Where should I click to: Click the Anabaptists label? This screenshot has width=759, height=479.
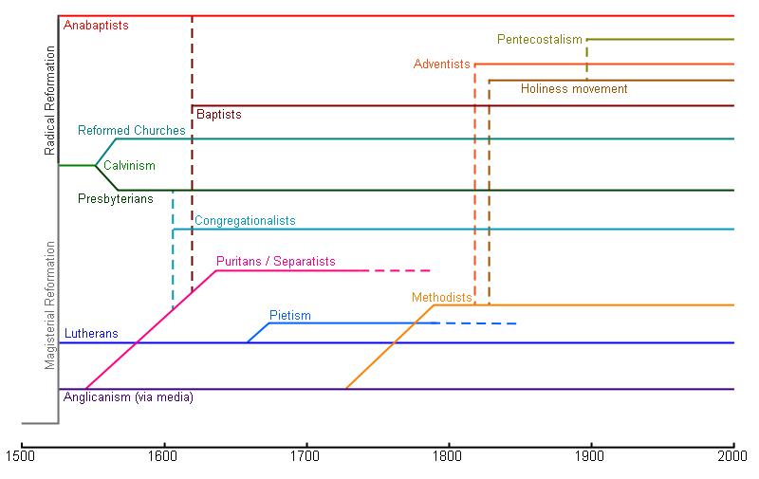point(96,26)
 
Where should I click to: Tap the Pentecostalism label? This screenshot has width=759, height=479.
point(539,40)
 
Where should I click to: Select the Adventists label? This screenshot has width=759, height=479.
point(441,64)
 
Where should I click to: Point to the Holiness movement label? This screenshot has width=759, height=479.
point(574,89)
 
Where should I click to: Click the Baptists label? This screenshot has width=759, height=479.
point(219,115)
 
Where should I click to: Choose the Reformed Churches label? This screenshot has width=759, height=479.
point(132,131)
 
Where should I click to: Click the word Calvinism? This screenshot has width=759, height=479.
point(129,166)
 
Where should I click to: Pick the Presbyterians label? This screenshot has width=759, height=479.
point(116,199)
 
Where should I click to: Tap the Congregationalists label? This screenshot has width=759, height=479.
point(245,221)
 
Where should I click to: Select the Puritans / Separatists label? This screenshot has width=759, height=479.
point(275,262)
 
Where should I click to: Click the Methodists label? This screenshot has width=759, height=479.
point(442,298)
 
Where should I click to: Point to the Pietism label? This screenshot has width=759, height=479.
point(289,316)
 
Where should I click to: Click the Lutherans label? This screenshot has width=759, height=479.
point(91,334)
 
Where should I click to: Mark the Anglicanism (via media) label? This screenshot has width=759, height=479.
point(128,397)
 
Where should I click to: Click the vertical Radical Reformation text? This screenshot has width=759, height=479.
point(50,99)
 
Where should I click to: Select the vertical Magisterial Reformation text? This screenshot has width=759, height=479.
point(50,305)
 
